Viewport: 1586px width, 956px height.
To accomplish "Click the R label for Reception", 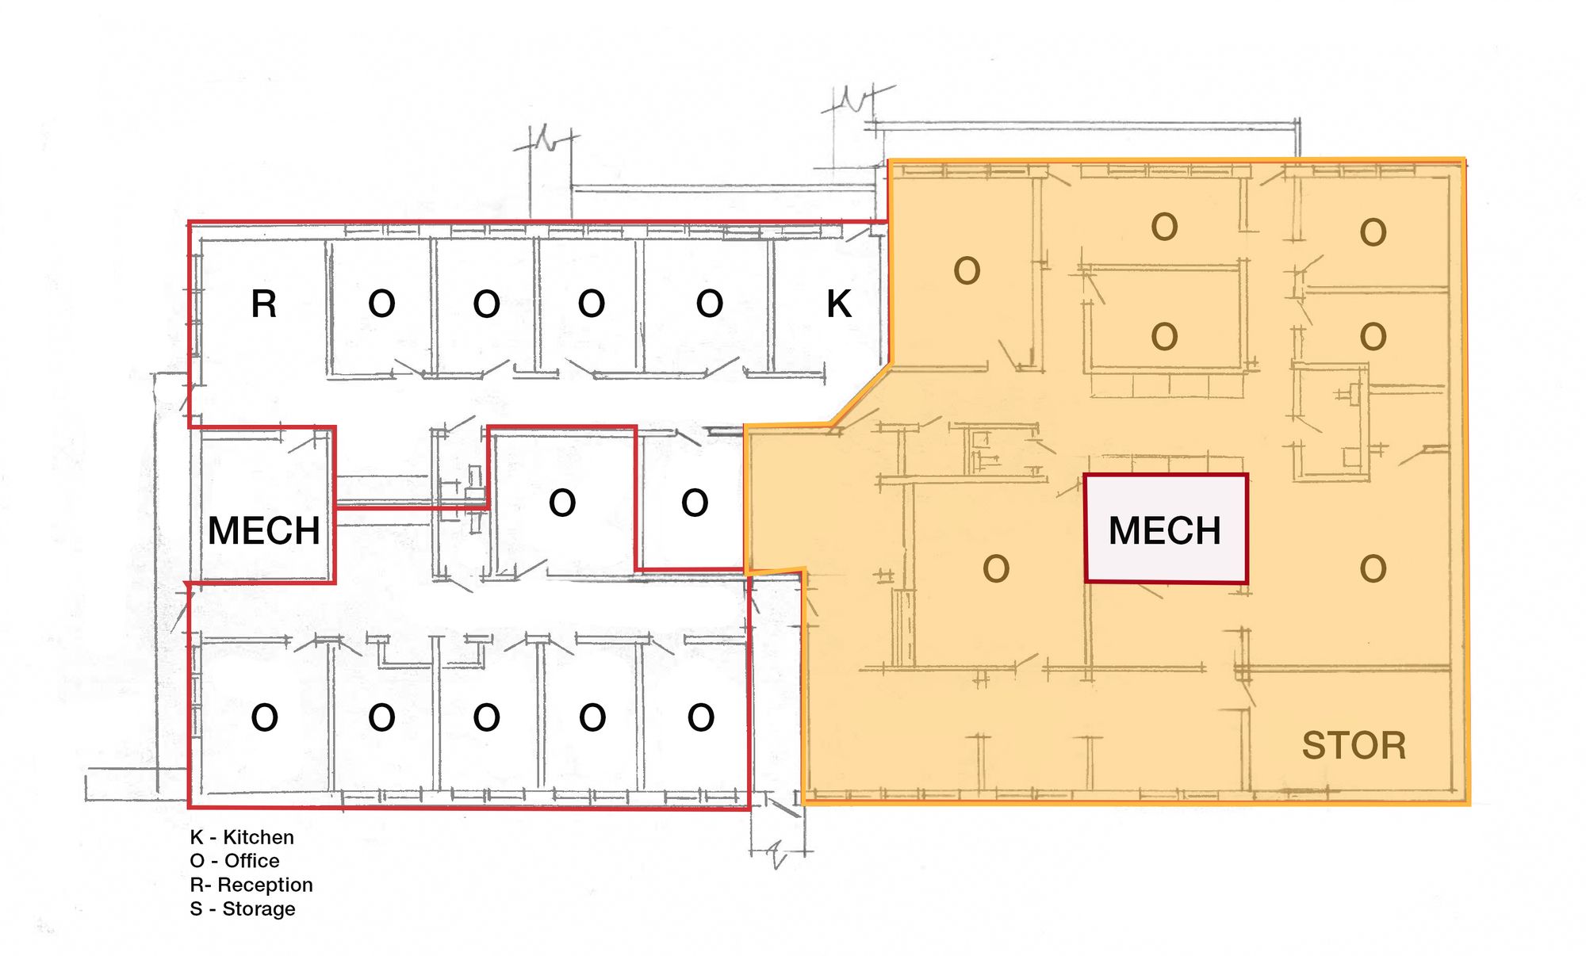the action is [x=264, y=304].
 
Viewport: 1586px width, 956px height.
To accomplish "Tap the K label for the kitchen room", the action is [x=839, y=304].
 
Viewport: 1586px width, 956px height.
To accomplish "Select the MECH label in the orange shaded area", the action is [x=1165, y=530].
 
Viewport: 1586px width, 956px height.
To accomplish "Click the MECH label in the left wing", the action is [x=264, y=530].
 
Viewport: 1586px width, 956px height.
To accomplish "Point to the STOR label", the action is [x=1354, y=746].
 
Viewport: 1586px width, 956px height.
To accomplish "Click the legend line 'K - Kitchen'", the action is [x=242, y=837].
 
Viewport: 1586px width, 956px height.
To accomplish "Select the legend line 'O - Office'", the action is [x=235, y=861].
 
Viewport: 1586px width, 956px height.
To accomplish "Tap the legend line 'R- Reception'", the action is [x=251, y=885].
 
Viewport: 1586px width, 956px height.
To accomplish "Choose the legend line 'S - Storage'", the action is [x=243, y=908].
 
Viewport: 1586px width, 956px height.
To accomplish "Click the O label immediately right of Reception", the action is [x=381, y=304].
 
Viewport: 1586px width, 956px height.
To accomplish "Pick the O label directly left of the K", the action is [x=710, y=304].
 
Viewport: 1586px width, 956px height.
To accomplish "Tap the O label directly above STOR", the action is [x=1373, y=568].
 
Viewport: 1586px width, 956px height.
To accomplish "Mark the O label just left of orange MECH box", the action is [x=996, y=568].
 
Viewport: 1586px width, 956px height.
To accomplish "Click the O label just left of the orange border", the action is [x=695, y=503].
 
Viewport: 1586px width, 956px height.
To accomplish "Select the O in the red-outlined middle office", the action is [x=562, y=503].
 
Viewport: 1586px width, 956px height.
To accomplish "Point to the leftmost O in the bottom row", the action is [x=264, y=717].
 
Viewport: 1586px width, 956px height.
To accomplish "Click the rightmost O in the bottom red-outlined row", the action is [x=701, y=717].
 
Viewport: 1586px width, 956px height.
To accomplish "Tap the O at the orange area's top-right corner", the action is [x=1373, y=232].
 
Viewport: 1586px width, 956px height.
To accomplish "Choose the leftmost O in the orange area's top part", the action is [x=967, y=271].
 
